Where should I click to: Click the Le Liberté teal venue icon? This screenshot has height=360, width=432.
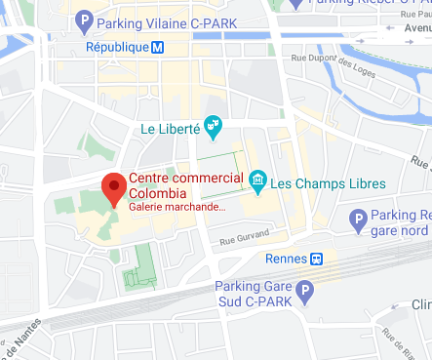[214, 127]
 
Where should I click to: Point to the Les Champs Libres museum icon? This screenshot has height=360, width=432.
[258, 181]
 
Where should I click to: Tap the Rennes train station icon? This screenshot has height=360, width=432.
[317, 259]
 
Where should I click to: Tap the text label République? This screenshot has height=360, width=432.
[117, 46]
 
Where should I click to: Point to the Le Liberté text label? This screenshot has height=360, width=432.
[171, 128]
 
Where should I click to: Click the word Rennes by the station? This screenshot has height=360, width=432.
[287, 259]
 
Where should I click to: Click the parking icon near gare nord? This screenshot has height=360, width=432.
[358, 220]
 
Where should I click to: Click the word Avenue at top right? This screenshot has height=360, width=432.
[415, 27]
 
